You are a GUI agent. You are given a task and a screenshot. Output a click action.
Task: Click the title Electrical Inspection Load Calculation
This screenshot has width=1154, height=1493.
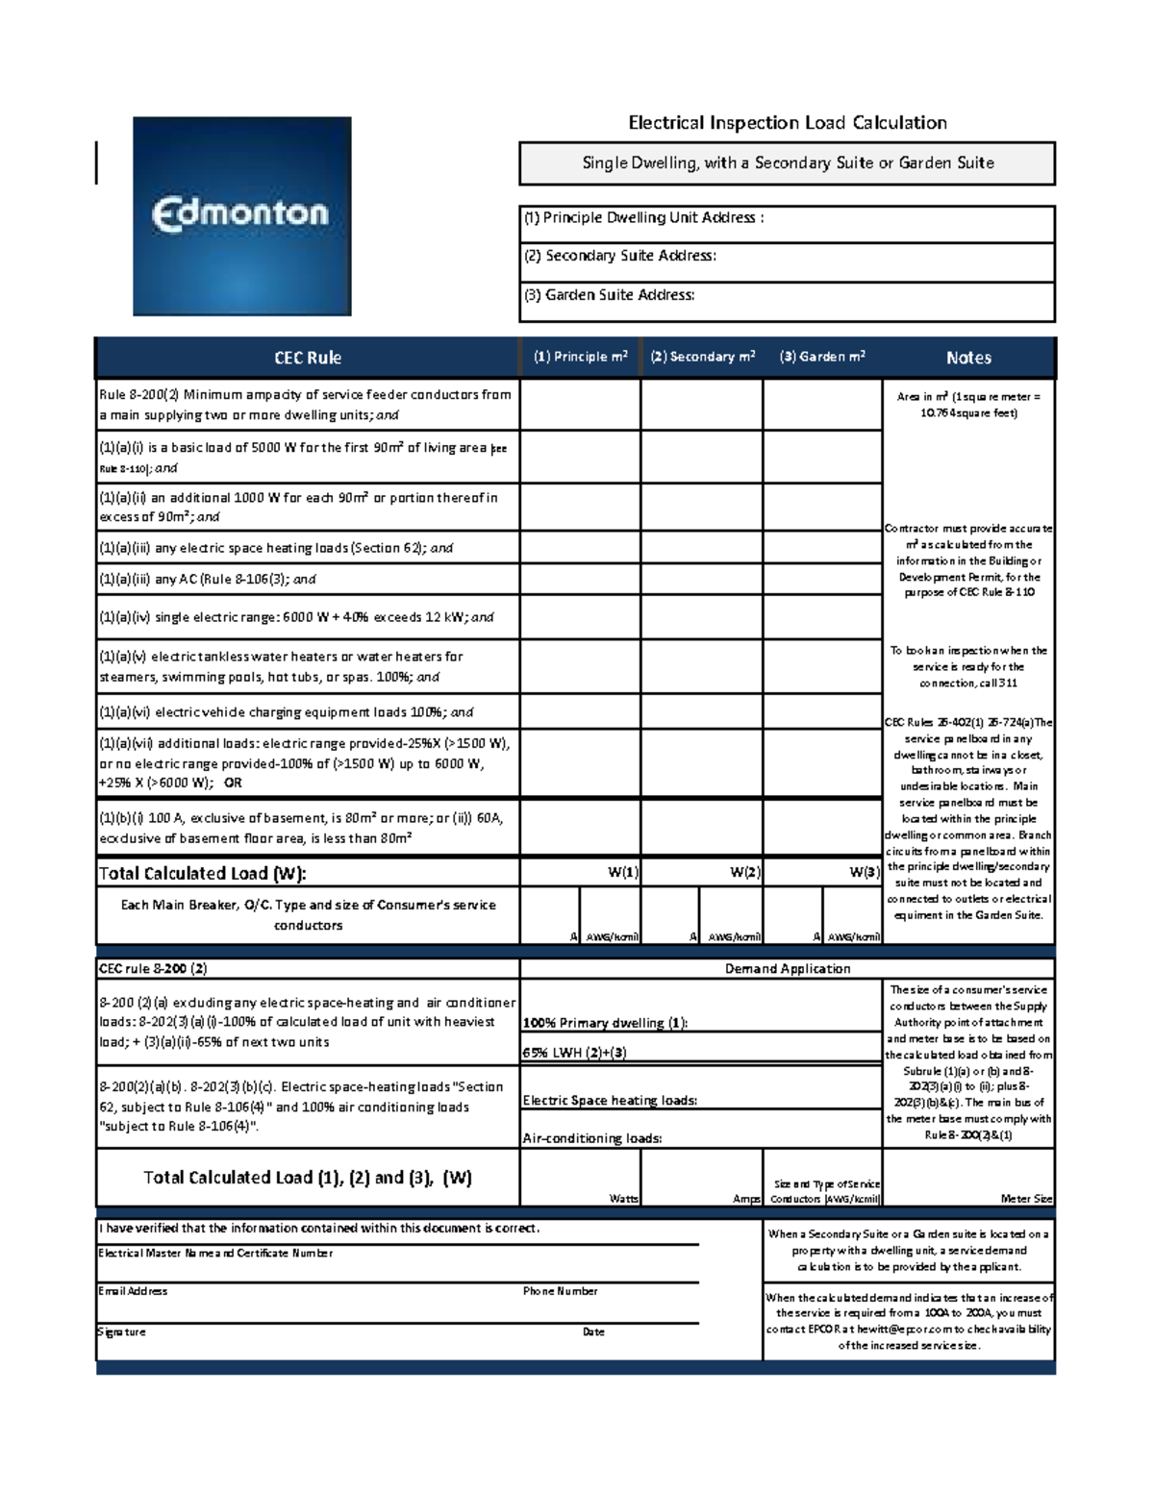pos(787,122)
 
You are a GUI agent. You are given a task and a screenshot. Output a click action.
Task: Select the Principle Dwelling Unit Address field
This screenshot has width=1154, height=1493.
pos(787,223)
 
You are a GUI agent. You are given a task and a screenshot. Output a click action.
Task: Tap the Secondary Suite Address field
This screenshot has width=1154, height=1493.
pos(787,261)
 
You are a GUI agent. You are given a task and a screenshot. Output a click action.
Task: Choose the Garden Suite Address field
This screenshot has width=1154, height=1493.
pos(787,301)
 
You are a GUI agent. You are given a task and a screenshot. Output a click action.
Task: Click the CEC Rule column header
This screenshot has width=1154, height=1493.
pos(307,358)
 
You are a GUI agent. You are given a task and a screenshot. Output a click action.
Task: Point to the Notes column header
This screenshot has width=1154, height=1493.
pos(968,358)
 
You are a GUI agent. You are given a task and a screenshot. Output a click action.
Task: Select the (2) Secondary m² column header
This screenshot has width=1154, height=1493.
pos(702,357)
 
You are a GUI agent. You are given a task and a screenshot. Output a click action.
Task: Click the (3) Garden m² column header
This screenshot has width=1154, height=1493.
pos(822,357)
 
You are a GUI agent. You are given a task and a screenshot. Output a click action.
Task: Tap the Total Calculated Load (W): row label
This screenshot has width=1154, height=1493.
pos(203,873)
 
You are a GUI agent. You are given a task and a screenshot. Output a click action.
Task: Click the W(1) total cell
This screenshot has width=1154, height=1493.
pos(580,872)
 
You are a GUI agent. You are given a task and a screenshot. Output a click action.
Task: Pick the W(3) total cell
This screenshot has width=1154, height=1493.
pos(822,872)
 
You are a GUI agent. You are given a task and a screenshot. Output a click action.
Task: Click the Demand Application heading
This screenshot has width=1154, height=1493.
pos(787,968)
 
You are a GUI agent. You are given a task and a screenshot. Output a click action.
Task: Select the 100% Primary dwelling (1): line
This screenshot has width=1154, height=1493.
pos(605,1023)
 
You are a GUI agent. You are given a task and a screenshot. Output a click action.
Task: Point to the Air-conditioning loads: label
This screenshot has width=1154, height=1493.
pos(591,1138)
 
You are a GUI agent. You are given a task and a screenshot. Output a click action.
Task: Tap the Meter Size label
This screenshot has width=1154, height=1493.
pos(1026,1199)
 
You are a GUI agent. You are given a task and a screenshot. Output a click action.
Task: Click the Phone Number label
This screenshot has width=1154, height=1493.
pos(560,1291)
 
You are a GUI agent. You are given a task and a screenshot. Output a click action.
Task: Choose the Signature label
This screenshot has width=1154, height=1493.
pos(122,1331)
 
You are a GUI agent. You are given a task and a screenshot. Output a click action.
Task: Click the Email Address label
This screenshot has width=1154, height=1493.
pos(133,1291)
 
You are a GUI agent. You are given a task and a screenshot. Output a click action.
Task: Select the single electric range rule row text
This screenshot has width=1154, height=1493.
pos(296,617)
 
